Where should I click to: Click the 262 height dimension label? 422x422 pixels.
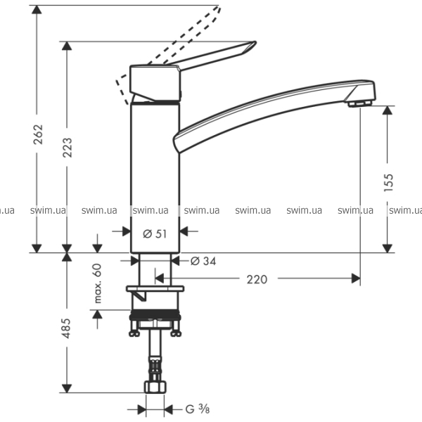38,134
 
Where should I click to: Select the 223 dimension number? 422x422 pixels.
68,147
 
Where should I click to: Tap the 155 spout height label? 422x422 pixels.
388,182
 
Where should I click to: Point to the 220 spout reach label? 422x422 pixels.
257,280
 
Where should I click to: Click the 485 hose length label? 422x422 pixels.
66,328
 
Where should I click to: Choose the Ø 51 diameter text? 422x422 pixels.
155,234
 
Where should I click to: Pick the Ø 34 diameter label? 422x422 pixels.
203,261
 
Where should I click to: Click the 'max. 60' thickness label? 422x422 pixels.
98,283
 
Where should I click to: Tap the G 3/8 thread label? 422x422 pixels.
198,409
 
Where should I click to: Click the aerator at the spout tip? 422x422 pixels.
359,103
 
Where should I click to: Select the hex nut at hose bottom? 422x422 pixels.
155,387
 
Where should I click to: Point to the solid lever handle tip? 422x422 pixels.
255,42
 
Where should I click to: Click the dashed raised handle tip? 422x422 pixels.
219,8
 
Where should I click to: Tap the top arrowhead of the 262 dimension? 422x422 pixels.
37,9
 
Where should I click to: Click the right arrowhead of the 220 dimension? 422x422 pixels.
356,279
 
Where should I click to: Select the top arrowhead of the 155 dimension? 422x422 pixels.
388,110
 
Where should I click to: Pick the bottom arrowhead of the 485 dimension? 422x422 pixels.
67,388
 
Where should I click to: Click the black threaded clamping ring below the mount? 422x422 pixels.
155,315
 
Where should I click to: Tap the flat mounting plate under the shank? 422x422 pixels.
155,289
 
